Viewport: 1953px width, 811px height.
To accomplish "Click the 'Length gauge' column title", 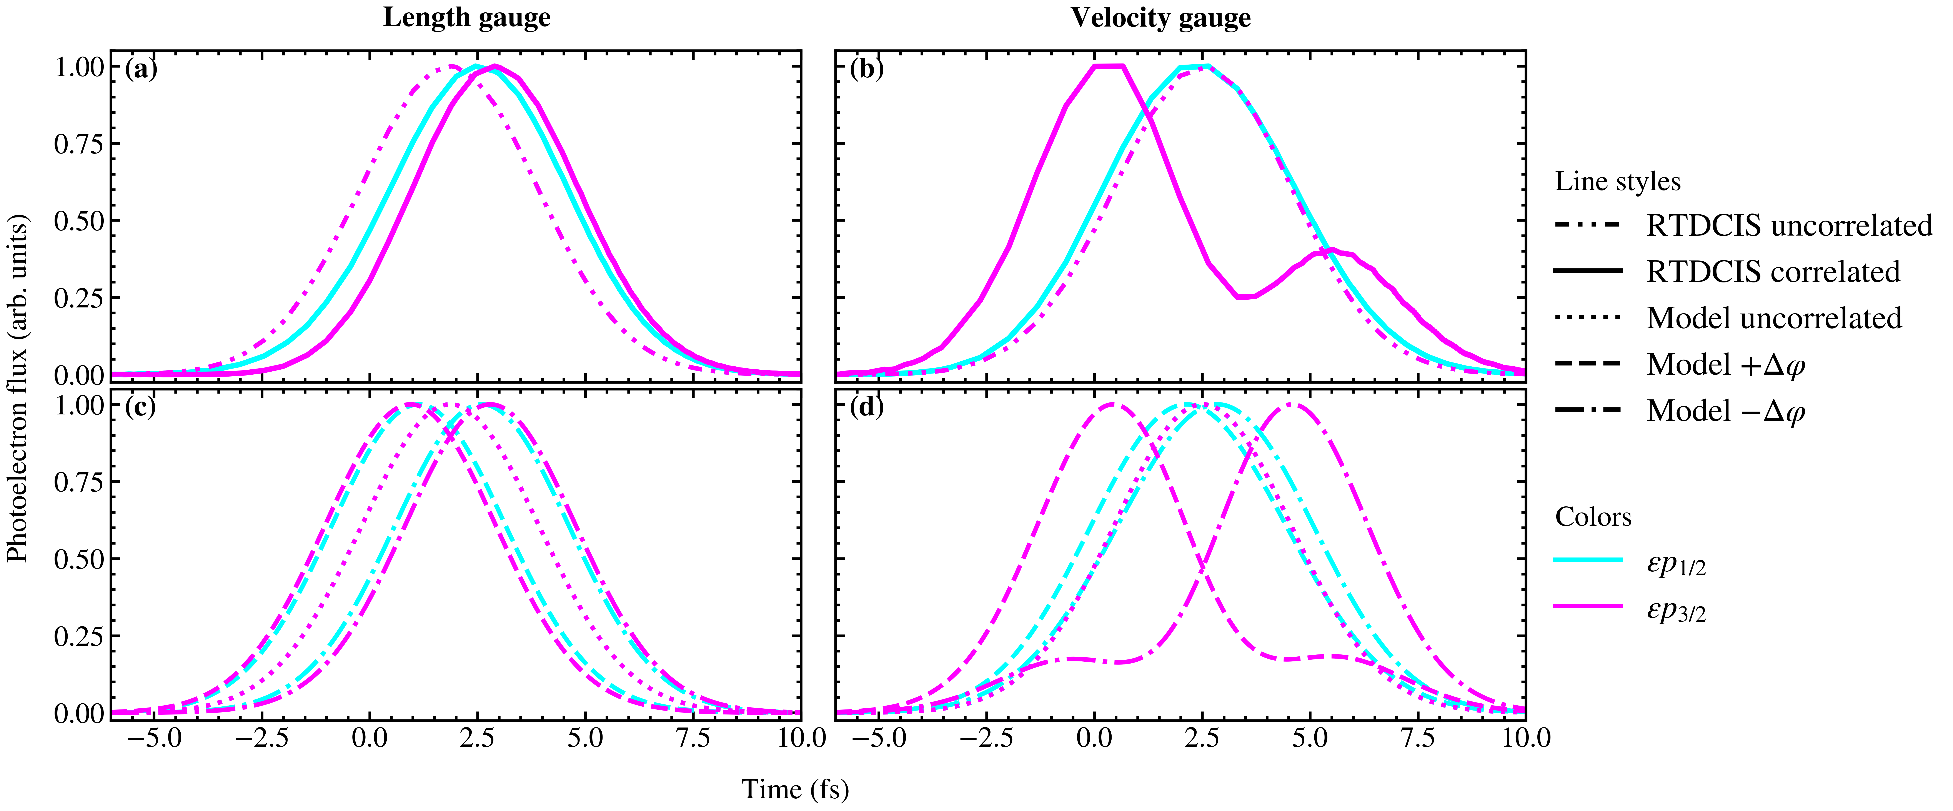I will (x=466, y=17).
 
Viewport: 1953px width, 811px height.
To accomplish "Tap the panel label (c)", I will (x=141, y=407).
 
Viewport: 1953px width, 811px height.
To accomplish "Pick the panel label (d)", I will (x=867, y=407).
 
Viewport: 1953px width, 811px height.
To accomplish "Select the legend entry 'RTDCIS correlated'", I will (x=1773, y=272).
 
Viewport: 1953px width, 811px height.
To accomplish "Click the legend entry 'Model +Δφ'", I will (x=1725, y=365).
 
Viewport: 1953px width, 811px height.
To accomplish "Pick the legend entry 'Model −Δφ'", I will (x=1725, y=411).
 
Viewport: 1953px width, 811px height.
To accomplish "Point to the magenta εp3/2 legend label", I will (x=1675, y=608).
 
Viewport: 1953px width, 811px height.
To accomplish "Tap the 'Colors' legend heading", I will (x=1593, y=517).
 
